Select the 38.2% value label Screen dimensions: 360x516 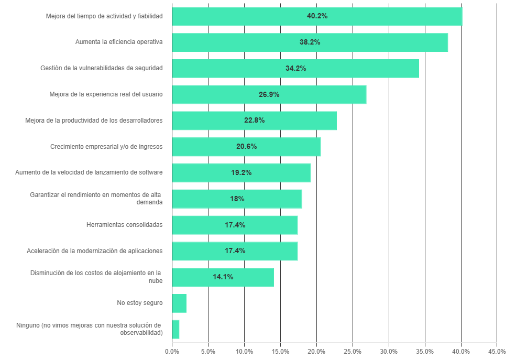310,42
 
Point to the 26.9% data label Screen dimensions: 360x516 269,94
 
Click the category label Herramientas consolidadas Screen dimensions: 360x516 124,225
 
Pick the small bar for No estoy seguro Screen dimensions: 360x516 179,303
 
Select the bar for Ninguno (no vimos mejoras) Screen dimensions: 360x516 175,329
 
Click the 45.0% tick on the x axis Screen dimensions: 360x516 497,351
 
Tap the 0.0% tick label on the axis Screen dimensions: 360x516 172,351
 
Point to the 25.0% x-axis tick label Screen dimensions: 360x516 353,351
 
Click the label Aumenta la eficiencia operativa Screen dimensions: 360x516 119,42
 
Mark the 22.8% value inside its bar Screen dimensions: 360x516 254,121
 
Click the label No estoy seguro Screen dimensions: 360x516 139,303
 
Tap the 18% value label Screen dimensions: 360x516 237,199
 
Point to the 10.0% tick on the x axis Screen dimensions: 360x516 244,351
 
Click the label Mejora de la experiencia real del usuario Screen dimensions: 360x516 106,94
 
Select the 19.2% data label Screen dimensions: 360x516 241,172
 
